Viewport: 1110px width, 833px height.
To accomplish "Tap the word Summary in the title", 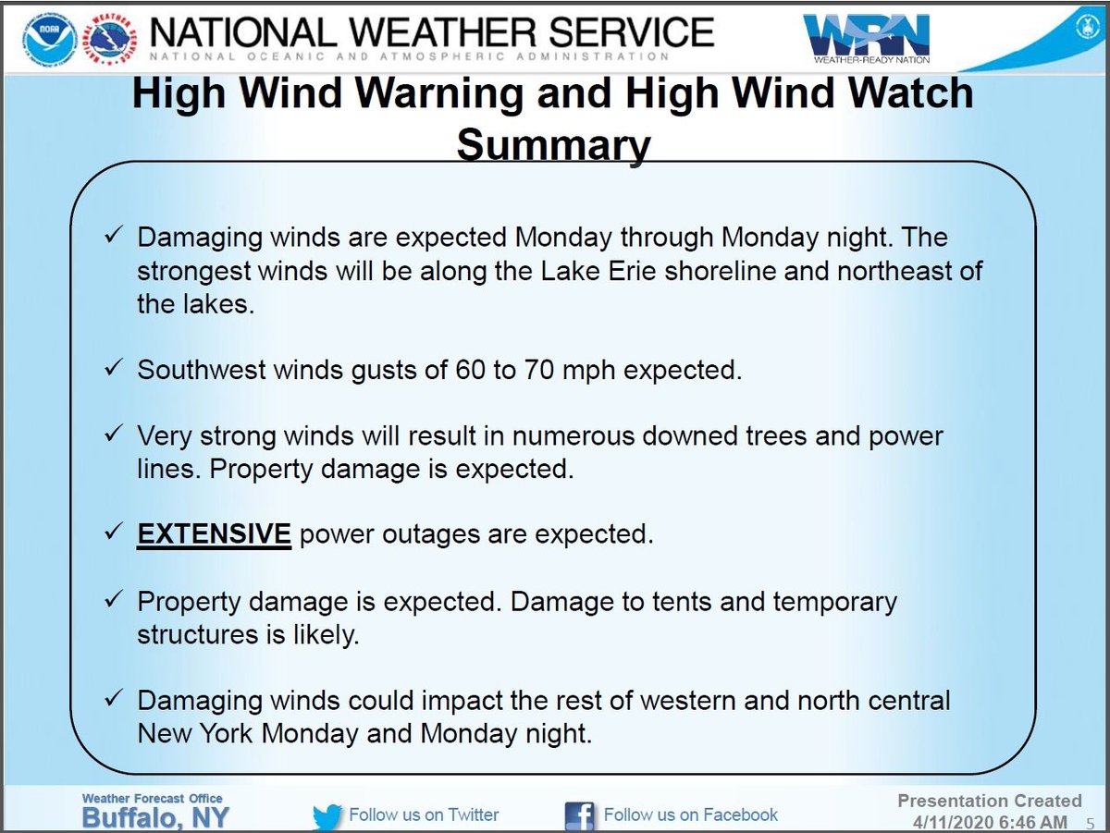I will click(x=554, y=146).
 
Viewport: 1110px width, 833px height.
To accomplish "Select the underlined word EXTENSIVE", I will click(x=215, y=533).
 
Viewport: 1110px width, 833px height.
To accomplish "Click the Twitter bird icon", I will click(x=327, y=816).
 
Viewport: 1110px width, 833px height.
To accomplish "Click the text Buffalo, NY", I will click(x=155, y=818).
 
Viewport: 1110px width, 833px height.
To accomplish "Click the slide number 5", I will click(x=1090, y=822).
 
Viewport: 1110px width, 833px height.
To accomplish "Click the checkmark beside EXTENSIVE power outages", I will click(x=115, y=533).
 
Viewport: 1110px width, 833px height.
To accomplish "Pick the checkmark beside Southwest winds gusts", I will click(x=115, y=369).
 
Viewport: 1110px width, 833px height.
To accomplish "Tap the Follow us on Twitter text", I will click(x=424, y=815).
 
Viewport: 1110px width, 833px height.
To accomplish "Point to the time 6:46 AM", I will click(x=1028, y=821).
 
